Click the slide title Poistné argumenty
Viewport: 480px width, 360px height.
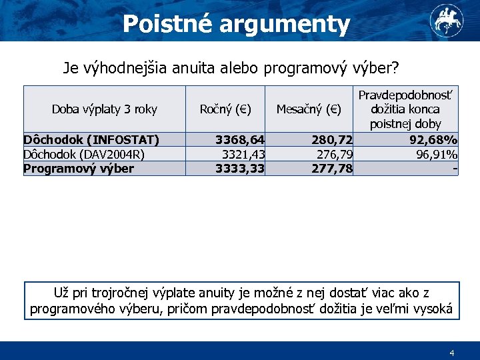tap(237, 24)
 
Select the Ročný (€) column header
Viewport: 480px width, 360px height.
tap(225, 109)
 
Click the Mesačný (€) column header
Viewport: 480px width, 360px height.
tap(309, 109)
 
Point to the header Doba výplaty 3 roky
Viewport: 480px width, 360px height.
tap(105, 109)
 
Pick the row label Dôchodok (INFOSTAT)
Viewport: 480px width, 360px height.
tap(91, 139)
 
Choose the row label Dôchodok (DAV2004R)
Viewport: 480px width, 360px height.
tap(85, 154)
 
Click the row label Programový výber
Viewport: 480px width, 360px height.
tap(79, 168)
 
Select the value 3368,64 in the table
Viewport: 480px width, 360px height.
tap(239, 139)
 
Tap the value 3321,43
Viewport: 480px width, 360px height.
tap(243, 154)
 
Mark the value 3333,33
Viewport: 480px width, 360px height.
tap(239, 168)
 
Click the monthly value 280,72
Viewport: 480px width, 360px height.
tap(332, 139)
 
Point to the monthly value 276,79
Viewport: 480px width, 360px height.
tap(335, 154)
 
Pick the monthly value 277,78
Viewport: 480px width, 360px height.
tap(332, 168)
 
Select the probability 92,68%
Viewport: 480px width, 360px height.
tap(433, 139)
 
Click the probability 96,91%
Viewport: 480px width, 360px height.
tap(436, 154)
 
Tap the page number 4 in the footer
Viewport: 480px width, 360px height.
tap(451, 352)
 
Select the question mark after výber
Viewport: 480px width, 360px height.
tap(395, 68)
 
